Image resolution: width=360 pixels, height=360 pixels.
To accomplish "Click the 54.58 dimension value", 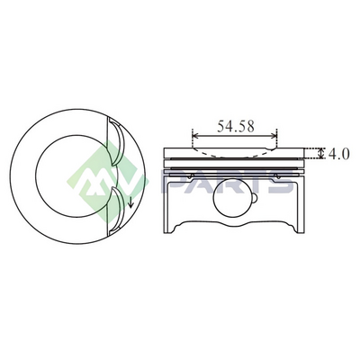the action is (x=236, y=126).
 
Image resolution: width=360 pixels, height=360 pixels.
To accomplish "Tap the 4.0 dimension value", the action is (x=338, y=154).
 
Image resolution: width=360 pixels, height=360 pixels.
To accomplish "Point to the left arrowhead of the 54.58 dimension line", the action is (x=195, y=136).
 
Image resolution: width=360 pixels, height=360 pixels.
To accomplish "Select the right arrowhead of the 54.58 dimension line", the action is (x=274, y=136).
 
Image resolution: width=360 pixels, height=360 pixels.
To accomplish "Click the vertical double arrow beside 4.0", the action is (x=321, y=153).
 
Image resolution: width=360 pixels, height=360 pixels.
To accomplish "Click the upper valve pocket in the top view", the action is (x=116, y=141).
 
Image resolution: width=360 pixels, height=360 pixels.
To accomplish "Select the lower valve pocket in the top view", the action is (x=116, y=211).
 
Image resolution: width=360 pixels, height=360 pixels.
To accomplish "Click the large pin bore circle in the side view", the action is (x=232, y=198).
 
